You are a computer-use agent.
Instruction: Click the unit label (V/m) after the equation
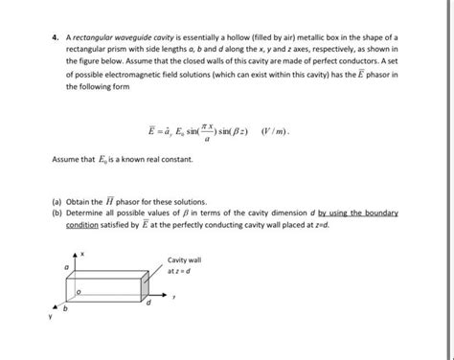(284, 127)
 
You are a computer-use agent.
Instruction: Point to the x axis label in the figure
(83, 252)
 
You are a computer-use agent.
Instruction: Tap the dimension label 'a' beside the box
(64, 271)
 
